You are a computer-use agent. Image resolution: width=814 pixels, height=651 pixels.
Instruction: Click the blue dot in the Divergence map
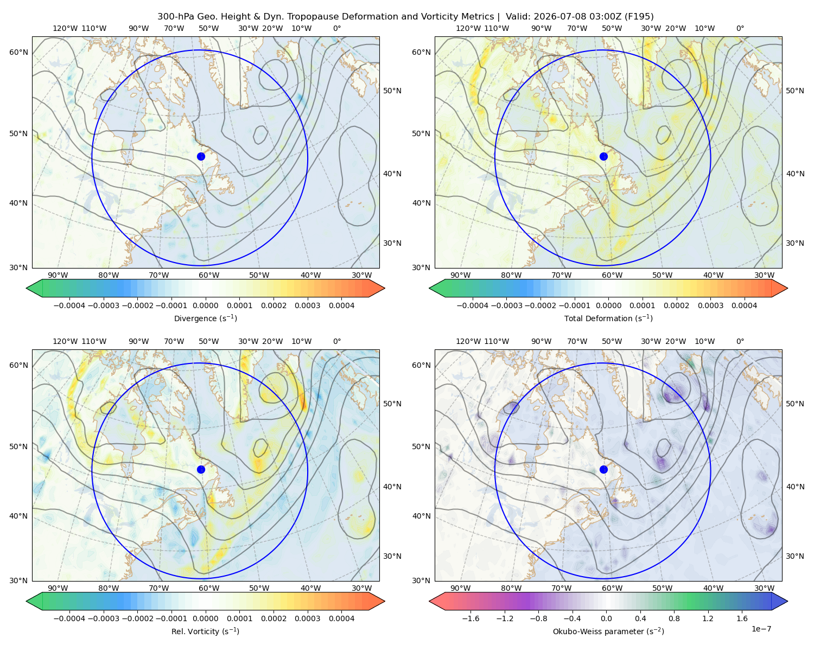[201, 156]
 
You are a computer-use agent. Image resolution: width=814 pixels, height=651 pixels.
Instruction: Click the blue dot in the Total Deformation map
[603, 156]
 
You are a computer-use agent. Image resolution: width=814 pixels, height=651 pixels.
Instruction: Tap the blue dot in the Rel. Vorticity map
[201, 469]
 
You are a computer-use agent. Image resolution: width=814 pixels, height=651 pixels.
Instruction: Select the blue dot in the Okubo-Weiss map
[603, 469]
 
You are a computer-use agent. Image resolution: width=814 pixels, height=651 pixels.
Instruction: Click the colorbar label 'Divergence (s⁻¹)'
[205, 318]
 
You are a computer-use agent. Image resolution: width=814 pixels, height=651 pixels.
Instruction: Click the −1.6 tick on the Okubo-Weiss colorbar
[470, 618]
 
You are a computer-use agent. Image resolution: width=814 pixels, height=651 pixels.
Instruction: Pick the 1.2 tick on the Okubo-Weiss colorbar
[708, 618]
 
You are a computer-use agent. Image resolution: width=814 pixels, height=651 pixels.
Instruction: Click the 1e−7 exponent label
[761, 629]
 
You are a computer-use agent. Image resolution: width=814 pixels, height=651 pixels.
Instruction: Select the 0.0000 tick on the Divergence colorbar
[205, 305]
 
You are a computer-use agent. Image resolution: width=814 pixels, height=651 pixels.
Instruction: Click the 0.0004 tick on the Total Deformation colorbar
[744, 305]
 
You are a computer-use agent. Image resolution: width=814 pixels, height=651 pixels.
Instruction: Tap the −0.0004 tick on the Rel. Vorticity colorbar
[69, 618]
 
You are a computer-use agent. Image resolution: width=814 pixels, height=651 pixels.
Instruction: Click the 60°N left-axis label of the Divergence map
[18, 52]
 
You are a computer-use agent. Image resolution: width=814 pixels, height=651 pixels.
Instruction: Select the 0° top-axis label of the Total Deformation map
[740, 28]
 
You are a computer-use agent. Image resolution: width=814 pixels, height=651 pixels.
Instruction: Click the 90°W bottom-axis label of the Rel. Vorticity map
[58, 588]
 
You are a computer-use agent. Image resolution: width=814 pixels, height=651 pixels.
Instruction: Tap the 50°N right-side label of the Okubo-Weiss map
[795, 404]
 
